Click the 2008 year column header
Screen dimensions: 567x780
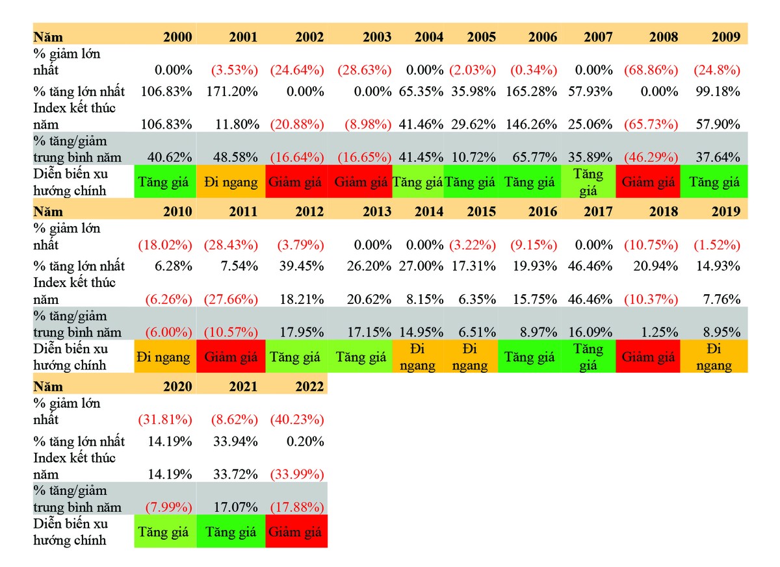(664, 37)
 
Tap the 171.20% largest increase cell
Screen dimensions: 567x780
(233, 92)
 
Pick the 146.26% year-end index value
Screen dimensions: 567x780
(532, 125)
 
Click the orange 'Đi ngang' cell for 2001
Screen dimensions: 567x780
(231, 183)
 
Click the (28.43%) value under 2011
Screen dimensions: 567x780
(231, 245)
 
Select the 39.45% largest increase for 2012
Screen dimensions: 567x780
(302, 266)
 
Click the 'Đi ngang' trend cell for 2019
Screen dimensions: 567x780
(714, 357)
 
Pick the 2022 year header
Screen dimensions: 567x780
(308, 386)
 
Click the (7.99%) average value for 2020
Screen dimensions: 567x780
(164, 507)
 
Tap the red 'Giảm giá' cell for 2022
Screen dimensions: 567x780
(296, 531)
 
